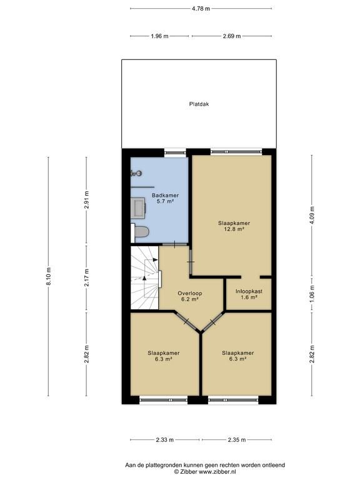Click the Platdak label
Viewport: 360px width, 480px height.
(x=199, y=104)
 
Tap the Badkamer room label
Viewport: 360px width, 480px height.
(x=165, y=195)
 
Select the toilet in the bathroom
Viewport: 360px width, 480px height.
(x=140, y=232)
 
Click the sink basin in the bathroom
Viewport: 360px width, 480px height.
(x=138, y=208)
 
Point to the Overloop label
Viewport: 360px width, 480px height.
(x=190, y=293)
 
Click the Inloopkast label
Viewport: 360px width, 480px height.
(x=249, y=291)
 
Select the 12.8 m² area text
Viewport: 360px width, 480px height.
(x=234, y=229)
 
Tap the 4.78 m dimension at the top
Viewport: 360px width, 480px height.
(x=201, y=9)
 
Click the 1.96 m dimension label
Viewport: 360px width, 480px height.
(x=159, y=36)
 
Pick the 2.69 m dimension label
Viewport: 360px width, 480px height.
(x=232, y=36)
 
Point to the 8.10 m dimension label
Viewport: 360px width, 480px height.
(x=48, y=276)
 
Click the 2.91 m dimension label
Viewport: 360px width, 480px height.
(x=86, y=199)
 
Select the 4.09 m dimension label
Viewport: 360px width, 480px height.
(x=312, y=216)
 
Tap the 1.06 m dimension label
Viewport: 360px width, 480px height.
(x=312, y=294)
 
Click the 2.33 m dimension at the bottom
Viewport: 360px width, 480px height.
(x=165, y=440)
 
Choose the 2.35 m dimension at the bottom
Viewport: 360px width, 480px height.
(x=237, y=440)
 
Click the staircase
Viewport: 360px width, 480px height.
(x=144, y=277)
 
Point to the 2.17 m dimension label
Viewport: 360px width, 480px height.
(x=86, y=277)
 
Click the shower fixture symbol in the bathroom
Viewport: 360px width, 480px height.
(x=136, y=174)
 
